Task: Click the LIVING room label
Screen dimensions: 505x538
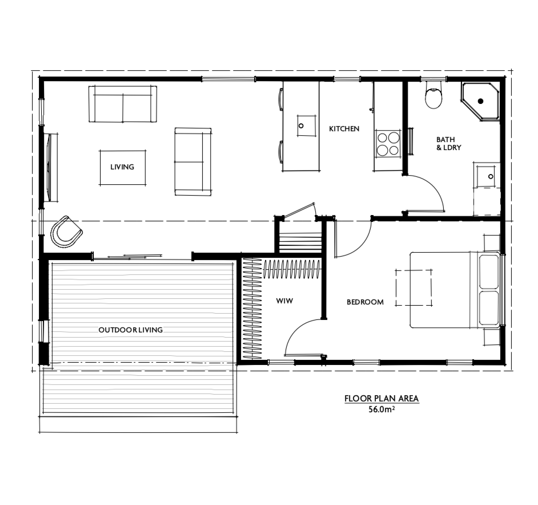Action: coord(122,167)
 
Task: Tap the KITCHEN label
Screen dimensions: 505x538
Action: coord(344,129)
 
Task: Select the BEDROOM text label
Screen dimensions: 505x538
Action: coord(365,302)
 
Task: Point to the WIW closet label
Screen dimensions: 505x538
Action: coord(284,301)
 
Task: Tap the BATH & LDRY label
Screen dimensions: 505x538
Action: coord(448,143)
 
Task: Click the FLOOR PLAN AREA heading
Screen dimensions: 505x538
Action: coord(381,399)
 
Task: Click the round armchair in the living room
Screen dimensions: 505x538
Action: coord(66,232)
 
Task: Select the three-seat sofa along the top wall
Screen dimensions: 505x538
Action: coord(123,104)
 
